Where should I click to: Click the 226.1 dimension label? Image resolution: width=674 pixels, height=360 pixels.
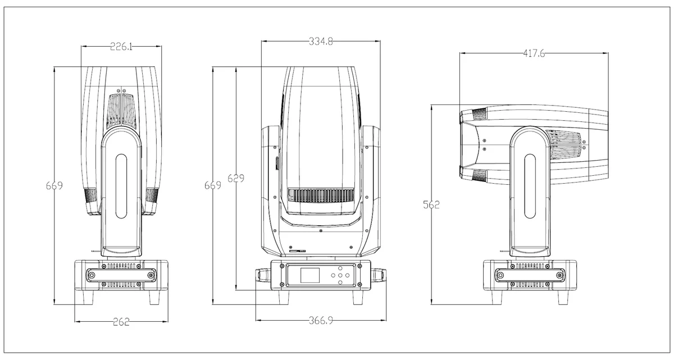(x=121, y=47)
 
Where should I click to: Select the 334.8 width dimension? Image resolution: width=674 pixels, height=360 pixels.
(x=321, y=42)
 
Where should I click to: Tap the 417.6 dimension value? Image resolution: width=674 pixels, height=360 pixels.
(x=534, y=53)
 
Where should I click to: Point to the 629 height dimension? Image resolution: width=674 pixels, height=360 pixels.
(x=236, y=179)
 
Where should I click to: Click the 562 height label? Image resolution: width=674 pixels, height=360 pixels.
(x=431, y=205)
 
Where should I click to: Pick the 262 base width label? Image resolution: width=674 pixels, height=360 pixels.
(x=121, y=322)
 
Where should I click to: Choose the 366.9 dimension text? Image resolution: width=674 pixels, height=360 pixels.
(x=321, y=321)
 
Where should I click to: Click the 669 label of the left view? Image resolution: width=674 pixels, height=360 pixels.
(x=54, y=185)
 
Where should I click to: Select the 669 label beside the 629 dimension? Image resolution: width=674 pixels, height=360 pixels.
(x=213, y=185)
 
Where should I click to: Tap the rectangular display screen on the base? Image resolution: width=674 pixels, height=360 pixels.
(x=310, y=275)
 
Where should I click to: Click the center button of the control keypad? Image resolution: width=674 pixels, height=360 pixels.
(x=340, y=275)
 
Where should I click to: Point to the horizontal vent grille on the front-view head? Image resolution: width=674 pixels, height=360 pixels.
(x=321, y=195)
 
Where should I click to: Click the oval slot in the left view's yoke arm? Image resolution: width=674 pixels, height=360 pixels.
(x=121, y=186)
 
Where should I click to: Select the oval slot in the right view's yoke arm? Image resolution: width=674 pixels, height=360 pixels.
(x=530, y=186)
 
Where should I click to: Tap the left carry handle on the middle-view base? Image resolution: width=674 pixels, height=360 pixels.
(x=263, y=276)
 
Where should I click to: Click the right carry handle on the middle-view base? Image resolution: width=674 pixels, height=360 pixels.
(x=379, y=276)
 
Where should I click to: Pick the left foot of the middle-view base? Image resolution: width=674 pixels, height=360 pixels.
(x=284, y=298)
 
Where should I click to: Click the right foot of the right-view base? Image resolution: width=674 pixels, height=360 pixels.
(x=563, y=298)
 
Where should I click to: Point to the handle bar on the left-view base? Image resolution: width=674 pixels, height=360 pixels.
(x=121, y=275)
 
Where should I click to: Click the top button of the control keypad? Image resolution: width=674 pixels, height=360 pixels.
(x=340, y=268)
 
